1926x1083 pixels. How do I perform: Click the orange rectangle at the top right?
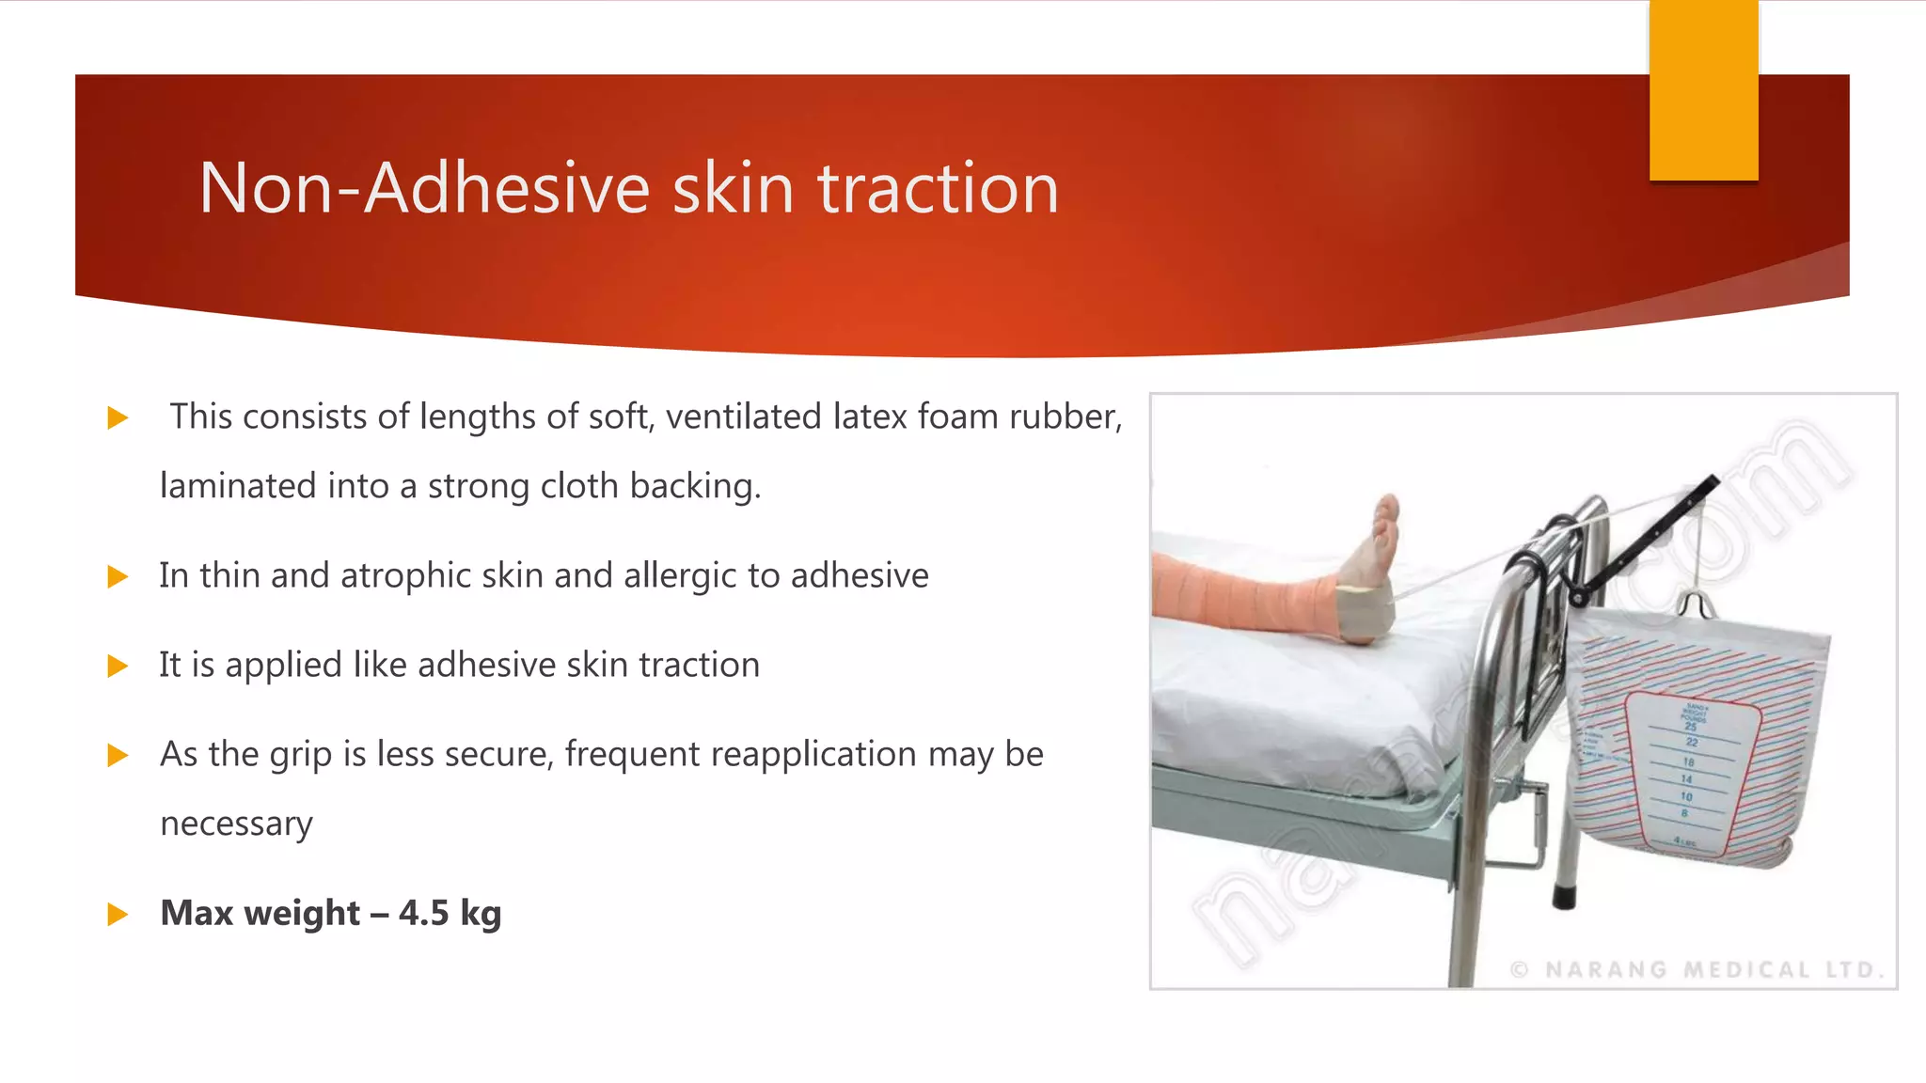coord(1703,90)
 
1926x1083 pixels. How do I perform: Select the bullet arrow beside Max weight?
coord(118,914)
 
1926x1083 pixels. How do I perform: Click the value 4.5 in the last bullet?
coord(423,913)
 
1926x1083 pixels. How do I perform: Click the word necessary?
coord(236,824)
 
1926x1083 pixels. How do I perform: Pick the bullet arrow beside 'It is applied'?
coord(118,667)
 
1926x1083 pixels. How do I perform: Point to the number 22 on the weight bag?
coord(1692,743)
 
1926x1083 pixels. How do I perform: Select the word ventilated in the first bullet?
coord(743,416)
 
